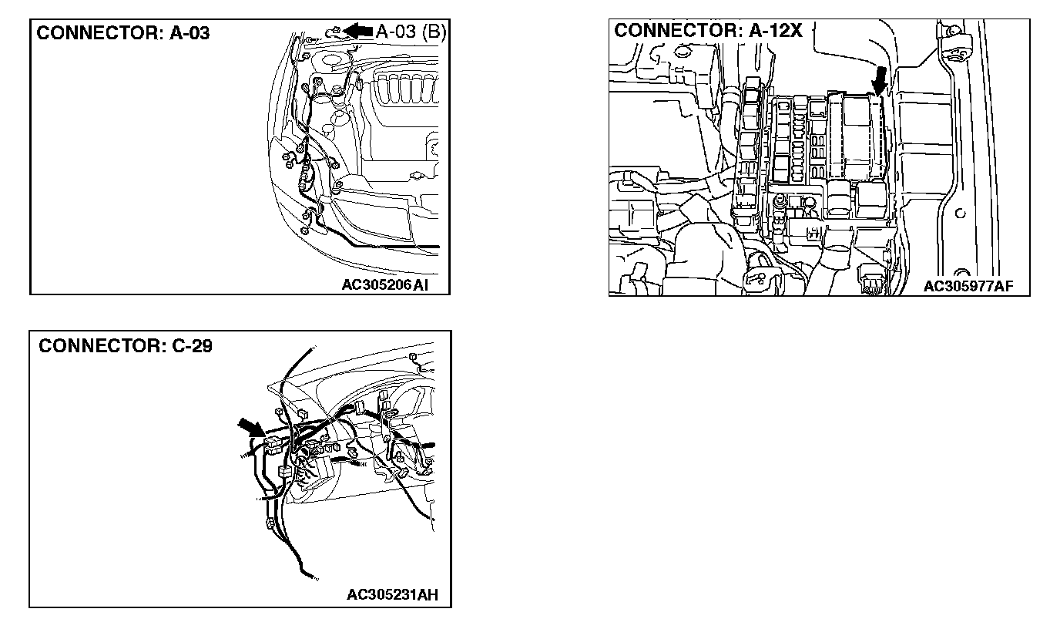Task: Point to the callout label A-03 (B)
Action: click(x=411, y=31)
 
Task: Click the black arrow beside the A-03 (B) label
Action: click(x=358, y=30)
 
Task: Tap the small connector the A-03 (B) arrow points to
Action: click(x=333, y=31)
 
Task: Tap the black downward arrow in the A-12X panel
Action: click(x=878, y=80)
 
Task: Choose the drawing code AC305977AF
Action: click(x=968, y=287)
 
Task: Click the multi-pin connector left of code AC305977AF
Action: click(x=874, y=284)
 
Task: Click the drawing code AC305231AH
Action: click(x=394, y=594)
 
